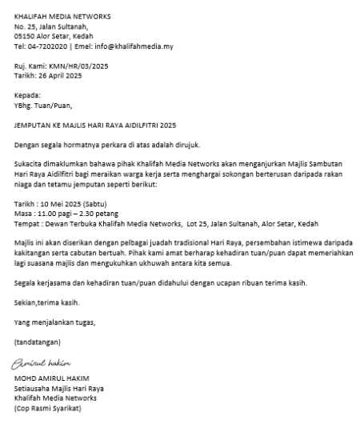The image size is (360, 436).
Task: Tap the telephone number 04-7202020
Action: (x=47, y=46)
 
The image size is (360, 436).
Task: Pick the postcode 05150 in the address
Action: (x=25, y=36)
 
